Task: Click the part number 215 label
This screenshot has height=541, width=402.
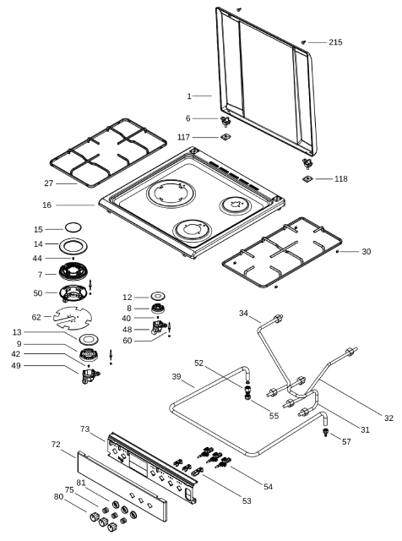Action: point(335,42)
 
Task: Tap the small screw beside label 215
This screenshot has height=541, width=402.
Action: point(303,42)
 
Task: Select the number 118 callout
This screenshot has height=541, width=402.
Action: point(340,178)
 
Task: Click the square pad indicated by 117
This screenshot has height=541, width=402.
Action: point(225,137)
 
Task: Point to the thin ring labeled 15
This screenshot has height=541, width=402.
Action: point(73,227)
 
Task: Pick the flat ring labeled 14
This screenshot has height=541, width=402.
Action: point(73,246)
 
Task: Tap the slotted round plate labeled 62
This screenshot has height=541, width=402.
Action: point(73,318)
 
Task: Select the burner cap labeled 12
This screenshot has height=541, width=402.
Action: point(158,296)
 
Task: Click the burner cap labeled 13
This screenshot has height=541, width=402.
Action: point(89,339)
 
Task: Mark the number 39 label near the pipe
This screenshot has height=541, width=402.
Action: point(177,376)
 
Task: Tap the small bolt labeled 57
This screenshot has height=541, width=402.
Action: point(325,432)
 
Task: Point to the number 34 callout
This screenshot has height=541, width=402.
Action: point(243,314)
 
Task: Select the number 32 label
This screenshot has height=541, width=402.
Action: point(388,418)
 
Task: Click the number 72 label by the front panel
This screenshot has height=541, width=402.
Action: point(56,445)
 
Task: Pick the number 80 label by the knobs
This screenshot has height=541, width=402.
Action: point(58,496)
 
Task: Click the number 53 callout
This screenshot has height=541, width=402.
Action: point(247,501)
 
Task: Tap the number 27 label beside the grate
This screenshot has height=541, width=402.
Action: point(49,183)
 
